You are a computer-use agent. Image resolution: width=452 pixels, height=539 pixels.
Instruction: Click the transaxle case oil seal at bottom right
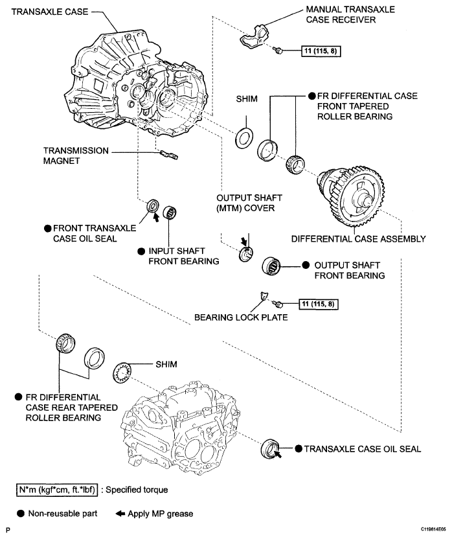pos(270,448)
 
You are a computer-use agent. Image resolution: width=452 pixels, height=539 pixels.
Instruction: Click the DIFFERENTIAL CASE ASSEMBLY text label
pos(358,239)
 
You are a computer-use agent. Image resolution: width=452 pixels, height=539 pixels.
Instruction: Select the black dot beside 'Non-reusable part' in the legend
pos(21,514)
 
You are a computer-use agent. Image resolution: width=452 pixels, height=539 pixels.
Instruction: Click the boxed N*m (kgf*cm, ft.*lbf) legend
pos(58,490)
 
